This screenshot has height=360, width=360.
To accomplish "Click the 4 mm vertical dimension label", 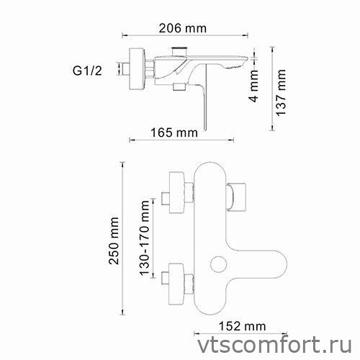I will click(253, 89).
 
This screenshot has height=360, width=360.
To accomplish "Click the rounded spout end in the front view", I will click(270, 264).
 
